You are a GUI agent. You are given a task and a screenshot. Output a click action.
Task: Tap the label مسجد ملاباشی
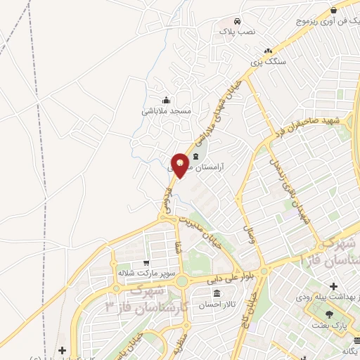[x=167, y=111]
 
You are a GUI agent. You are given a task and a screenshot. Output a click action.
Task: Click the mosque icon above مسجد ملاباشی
[x=166, y=100]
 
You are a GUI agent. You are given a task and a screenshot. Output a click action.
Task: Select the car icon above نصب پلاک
[x=238, y=20]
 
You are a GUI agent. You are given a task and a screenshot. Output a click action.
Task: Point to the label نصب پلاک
[x=238, y=32]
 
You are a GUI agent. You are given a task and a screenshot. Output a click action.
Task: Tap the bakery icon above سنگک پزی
[x=268, y=51]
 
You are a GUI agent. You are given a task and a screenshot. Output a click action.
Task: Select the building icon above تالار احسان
[x=216, y=293]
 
